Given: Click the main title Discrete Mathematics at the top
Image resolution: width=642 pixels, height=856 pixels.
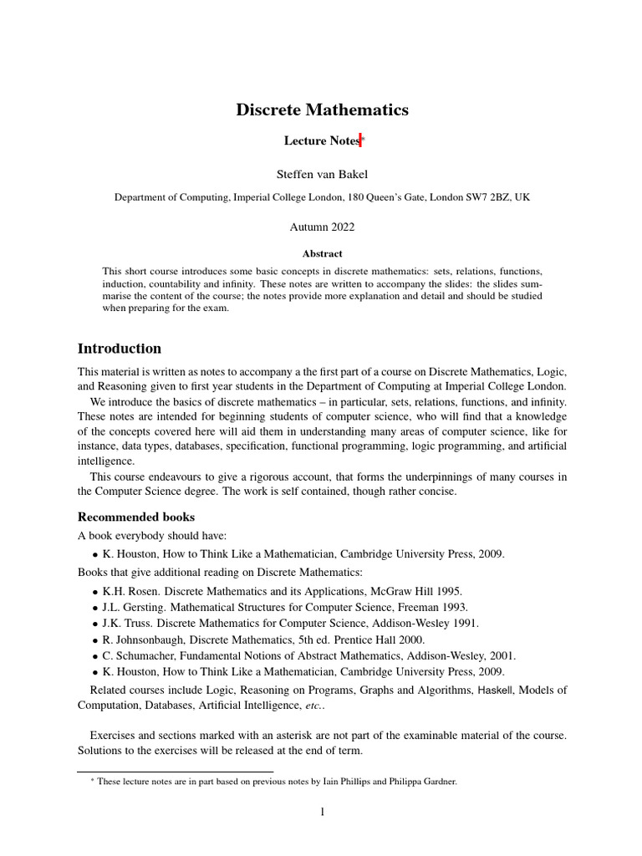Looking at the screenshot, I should coord(322,110).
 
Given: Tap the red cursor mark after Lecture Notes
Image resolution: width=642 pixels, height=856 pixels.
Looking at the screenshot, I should coord(360,140).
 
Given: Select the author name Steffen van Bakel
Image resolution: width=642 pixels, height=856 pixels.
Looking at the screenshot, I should coord(322,174).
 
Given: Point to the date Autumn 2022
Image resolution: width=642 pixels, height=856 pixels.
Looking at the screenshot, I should coord(322,227).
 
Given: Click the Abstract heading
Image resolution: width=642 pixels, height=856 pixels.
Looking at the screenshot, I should coord(322,253).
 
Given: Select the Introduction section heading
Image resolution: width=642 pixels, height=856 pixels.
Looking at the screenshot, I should coord(120,349).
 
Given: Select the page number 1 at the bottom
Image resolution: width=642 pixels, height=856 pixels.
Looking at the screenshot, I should coord(322,812).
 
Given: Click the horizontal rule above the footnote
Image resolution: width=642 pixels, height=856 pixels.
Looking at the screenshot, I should coord(175,771).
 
